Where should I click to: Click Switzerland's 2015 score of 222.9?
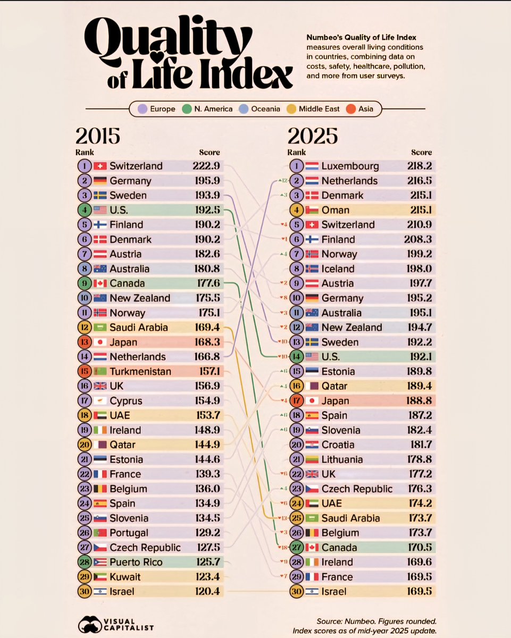pos(206,166)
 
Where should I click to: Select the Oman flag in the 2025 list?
pos(312,210)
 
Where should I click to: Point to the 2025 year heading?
pos(313,136)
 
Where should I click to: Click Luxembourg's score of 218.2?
pos(418,166)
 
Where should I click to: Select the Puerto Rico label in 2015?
pos(136,562)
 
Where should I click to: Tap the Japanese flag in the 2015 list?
pos(100,342)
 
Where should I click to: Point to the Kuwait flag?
pos(100,576)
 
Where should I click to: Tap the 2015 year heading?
pos(98,136)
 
